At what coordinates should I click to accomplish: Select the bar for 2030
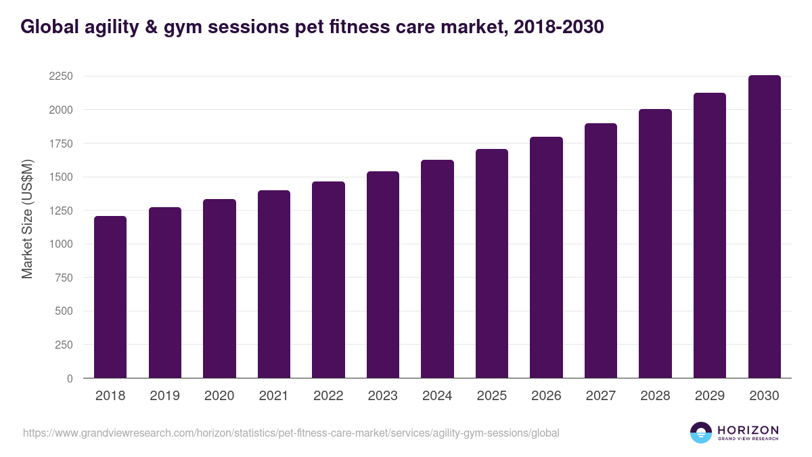click(764, 226)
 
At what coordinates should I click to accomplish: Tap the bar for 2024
click(437, 269)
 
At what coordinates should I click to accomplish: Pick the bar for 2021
click(273, 284)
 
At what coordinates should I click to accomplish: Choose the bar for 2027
click(601, 251)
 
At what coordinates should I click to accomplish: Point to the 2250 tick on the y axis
click(61, 76)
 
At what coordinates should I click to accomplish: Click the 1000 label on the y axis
click(61, 244)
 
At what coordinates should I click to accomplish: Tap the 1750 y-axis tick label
click(61, 144)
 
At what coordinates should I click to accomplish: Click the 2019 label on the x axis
click(164, 396)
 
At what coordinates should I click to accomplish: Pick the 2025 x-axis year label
click(491, 396)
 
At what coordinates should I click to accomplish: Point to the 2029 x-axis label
click(709, 396)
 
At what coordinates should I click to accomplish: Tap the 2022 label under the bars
click(328, 396)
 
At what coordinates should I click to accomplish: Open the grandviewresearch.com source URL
click(291, 433)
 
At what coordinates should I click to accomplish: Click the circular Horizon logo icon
click(701, 433)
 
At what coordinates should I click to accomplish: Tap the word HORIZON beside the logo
click(748, 429)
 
